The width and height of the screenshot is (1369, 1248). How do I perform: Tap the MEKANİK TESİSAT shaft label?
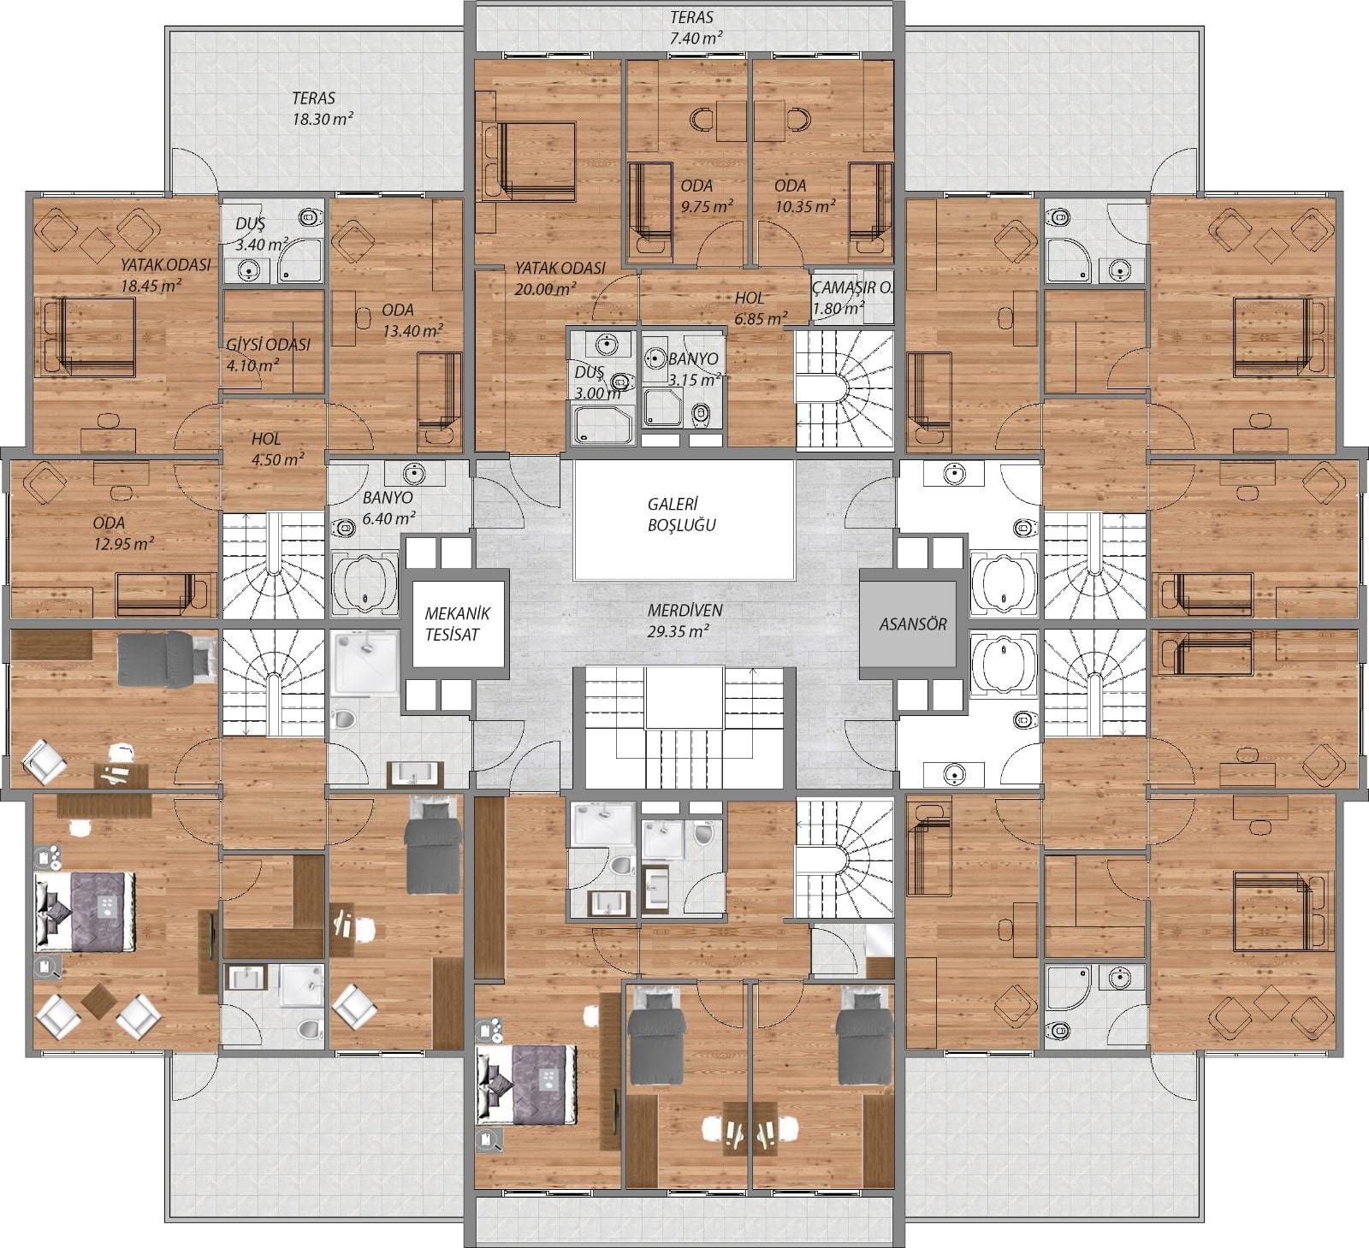(x=457, y=624)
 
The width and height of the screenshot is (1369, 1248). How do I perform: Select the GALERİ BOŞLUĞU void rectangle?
(x=684, y=521)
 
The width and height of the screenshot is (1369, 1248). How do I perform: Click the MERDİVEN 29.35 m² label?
(x=684, y=622)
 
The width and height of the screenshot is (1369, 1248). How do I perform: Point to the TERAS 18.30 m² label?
(x=323, y=109)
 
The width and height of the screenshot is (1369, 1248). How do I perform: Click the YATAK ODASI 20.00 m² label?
(x=560, y=278)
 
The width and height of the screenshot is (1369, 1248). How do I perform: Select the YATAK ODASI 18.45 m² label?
(x=165, y=275)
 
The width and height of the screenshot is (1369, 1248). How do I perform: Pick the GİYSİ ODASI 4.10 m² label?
(x=268, y=355)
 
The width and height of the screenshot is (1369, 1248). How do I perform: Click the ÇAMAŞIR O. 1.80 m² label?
(x=852, y=298)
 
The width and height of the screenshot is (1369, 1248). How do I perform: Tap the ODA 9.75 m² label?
(x=706, y=196)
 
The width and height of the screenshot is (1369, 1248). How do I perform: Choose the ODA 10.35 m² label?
(x=804, y=196)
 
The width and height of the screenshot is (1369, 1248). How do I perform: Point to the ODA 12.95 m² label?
(x=123, y=533)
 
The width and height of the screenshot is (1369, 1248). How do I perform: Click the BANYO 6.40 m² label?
(x=388, y=507)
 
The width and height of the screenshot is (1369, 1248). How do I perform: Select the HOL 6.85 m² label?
(x=761, y=308)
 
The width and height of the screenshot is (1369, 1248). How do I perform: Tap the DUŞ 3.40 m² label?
(x=260, y=234)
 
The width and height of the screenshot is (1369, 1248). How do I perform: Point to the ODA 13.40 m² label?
(x=412, y=320)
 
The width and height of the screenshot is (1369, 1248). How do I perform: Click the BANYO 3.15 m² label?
(x=693, y=368)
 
